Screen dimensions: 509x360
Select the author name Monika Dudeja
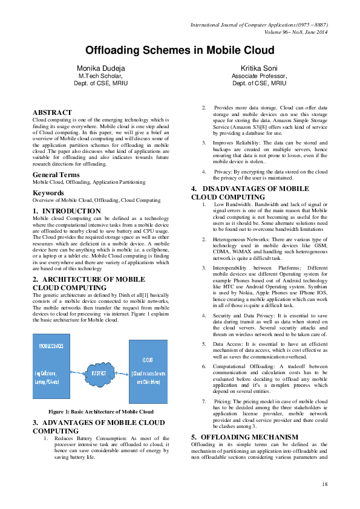[x=101, y=68]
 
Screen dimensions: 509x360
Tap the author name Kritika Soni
[x=259, y=68]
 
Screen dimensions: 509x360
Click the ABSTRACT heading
[x=52, y=112]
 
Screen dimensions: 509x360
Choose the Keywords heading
[x=49, y=193]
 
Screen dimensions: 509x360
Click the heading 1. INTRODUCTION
[x=67, y=211]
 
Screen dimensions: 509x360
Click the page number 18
[x=324, y=484]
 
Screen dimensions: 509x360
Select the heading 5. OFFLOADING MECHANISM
[x=244, y=436]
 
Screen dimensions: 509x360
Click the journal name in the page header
[x=259, y=25]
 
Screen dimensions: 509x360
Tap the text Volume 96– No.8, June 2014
[x=289, y=32]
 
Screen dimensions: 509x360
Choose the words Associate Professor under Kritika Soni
[x=259, y=76]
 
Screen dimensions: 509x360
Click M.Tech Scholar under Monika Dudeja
[x=101, y=76]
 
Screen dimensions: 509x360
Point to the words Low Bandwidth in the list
[x=231, y=204]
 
